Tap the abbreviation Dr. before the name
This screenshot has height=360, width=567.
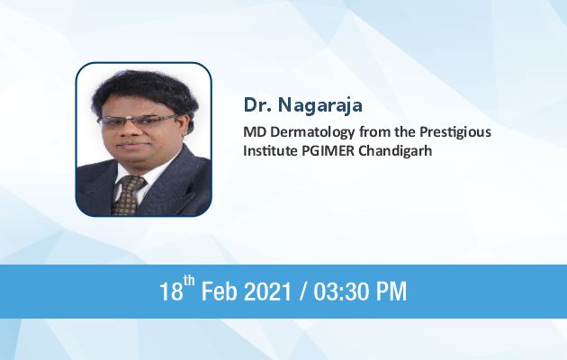click(257, 104)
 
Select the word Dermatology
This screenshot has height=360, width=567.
click(312, 132)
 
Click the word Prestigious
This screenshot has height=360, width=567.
click(455, 132)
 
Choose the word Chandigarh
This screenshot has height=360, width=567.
click(395, 150)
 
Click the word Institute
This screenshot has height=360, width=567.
click(270, 150)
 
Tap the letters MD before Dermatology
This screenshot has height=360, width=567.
click(255, 132)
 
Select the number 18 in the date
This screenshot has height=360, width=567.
click(171, 292)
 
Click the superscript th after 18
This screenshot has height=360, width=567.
click(189, 281)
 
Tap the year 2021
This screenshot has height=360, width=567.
click(267, 292)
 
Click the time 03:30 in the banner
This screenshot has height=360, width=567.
click(341, 292)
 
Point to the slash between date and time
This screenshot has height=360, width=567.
click(302, 292)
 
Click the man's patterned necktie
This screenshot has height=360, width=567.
click(127, 195)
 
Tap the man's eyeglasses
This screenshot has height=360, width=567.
click(138, 121)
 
